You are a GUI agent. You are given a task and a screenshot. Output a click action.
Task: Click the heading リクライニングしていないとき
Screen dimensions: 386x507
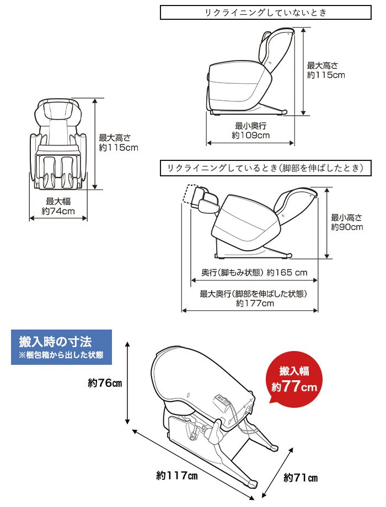[x=266, y=13]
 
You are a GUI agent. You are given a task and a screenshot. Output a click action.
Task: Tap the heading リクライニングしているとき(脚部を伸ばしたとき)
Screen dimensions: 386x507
[x=266, y=168]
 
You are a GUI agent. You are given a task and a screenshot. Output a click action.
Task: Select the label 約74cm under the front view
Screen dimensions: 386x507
[x=58, y=212]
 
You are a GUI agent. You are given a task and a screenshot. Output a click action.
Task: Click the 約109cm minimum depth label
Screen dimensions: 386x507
[x=251, y=135]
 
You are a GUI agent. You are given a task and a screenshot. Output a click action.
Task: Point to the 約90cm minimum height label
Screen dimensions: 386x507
[x=347, y=227]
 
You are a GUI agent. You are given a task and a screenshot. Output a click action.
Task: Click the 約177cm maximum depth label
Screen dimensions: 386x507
[x=255, y=303]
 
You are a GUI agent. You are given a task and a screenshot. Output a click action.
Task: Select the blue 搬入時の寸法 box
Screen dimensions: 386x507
[x=61, y=347]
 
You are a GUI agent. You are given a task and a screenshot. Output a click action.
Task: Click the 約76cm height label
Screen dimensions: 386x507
[x=105, y=383]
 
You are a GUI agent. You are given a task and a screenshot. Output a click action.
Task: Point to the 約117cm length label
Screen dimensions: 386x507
[x=176, y=475]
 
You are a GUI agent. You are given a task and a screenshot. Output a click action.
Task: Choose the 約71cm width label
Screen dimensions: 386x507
[x=301, y=478]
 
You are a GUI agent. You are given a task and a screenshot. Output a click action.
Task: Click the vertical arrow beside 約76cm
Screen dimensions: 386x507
[x=127, y=382]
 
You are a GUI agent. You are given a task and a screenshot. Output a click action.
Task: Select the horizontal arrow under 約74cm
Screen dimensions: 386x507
[x=58, y=219]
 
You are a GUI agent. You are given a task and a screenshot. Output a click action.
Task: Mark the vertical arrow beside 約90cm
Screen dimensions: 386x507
[x=327, y=223]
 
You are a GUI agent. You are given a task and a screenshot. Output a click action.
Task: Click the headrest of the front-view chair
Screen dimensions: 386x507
[x=58, y=111]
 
